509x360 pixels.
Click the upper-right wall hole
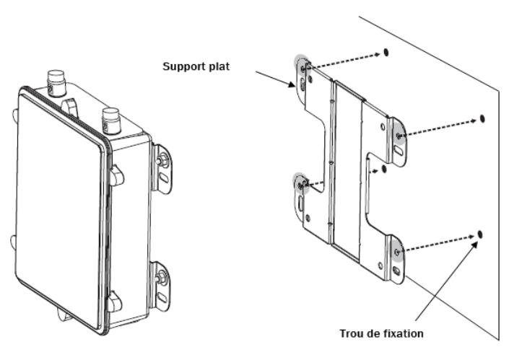[x=482, y=118]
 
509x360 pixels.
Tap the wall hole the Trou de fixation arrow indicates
[x=480, y=235]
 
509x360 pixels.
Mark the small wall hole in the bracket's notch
[x=384, y=170]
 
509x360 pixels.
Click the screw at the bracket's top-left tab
[x=303, y=68]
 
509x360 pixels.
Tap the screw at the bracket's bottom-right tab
[x=397, y=251]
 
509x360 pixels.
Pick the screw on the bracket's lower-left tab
[x=301, y=186]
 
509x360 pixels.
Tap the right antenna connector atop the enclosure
[x=110, y=118]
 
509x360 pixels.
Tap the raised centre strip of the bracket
[x=347, y=166]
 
